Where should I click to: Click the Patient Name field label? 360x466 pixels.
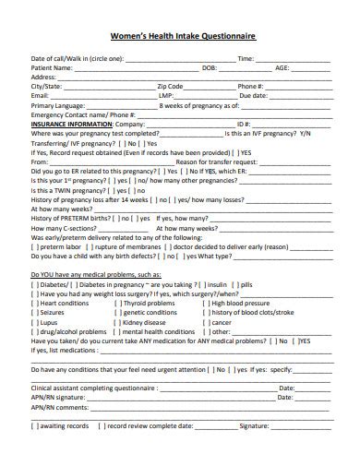pyautogui.click(x=52, y=67)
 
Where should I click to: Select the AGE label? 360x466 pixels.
pyautogui.click(x=282, y=67)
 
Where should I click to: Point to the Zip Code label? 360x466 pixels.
pyautogui.click(x=171, y=86)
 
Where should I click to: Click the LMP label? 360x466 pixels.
pyautogui.click(x=166, y=95)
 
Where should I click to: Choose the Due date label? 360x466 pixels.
pyautogui.click(x=253, y=95)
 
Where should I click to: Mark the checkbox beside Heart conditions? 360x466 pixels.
pyautogui.click(x=35, y=303)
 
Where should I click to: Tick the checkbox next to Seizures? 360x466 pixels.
pyautogui.click(x=35, y=312)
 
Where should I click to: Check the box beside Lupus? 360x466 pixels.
pyautogui.click(x=35, y=323)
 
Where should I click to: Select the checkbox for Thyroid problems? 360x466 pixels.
pyautogui.click(x=116, y=303)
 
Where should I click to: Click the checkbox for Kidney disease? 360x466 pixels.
pyautogui.click(x=116, y=323)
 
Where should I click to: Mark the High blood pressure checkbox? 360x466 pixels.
pyautogui.click(x=208, y=303)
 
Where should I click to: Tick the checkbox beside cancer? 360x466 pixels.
pyautogui.click(x=208, y=323)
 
